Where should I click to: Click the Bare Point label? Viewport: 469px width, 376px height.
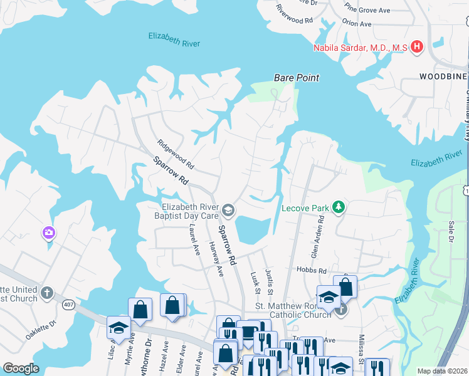point(296,78)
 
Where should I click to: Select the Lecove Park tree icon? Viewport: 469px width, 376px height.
point(339,207)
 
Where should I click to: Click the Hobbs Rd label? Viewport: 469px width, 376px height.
point(314,271)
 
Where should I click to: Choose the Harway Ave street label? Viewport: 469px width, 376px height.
point(216,259)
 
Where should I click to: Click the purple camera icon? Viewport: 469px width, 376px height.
point(49,233)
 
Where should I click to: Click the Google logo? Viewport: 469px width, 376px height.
point(21,368)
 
